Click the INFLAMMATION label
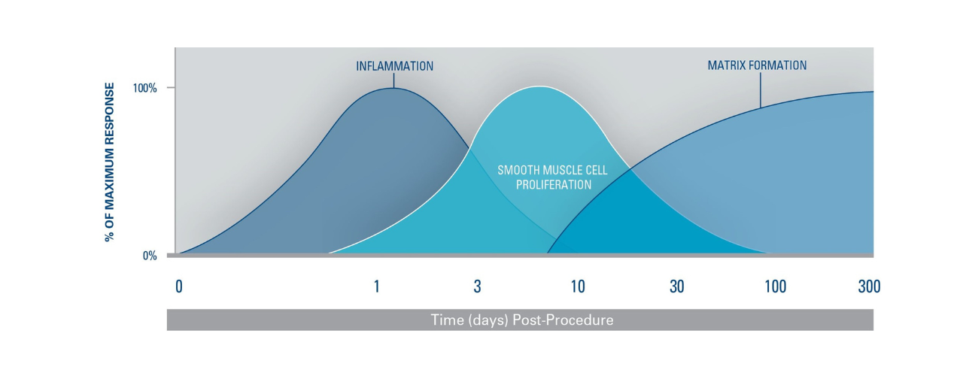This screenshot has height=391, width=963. pyautogui.click(x=394, y=66)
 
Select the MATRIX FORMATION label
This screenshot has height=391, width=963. pyautogui.click(x=757, y=65)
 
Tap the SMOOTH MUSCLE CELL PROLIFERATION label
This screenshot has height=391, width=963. pyautogui.click(x=553, y=177)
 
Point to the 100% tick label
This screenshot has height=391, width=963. pyautogui.click(x=145, y=88)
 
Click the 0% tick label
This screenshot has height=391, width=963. pyautogui.click(x=150, y=256)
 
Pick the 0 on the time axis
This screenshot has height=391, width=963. pyautogui.click(x=179, y=286)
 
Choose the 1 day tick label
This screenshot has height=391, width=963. pyautogui.click(x=377, y=286)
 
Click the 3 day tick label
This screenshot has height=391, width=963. pyautogui.click(x=477, y=286)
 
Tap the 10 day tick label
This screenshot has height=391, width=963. pyautogui.click(x=577, y=286)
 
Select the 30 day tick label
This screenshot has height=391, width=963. pyautogui.click(x=676, y=286)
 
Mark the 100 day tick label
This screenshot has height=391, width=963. pyautogui.click(x=775, y=286)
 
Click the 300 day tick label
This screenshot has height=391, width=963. pyautogui.click(x=869, y=286)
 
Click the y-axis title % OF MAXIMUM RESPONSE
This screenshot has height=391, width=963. pyautogui.click(x=110, y=162)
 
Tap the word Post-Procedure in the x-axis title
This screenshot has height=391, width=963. pyautogui.click(x=564, y=320)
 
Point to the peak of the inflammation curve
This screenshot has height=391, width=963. pyautogui.click(x=393, y=88)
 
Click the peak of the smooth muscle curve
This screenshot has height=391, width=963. pyautogui.click(x=539, y=86)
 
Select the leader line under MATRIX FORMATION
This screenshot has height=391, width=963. pyautogui.click(x=760, y=90)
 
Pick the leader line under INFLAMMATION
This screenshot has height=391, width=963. pyautogui.click(x=393, y=80)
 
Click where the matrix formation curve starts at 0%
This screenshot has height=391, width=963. pyautogui.click(x=548, y=253)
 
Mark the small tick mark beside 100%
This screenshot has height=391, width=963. pyautogui.click(x=171, y=88)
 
